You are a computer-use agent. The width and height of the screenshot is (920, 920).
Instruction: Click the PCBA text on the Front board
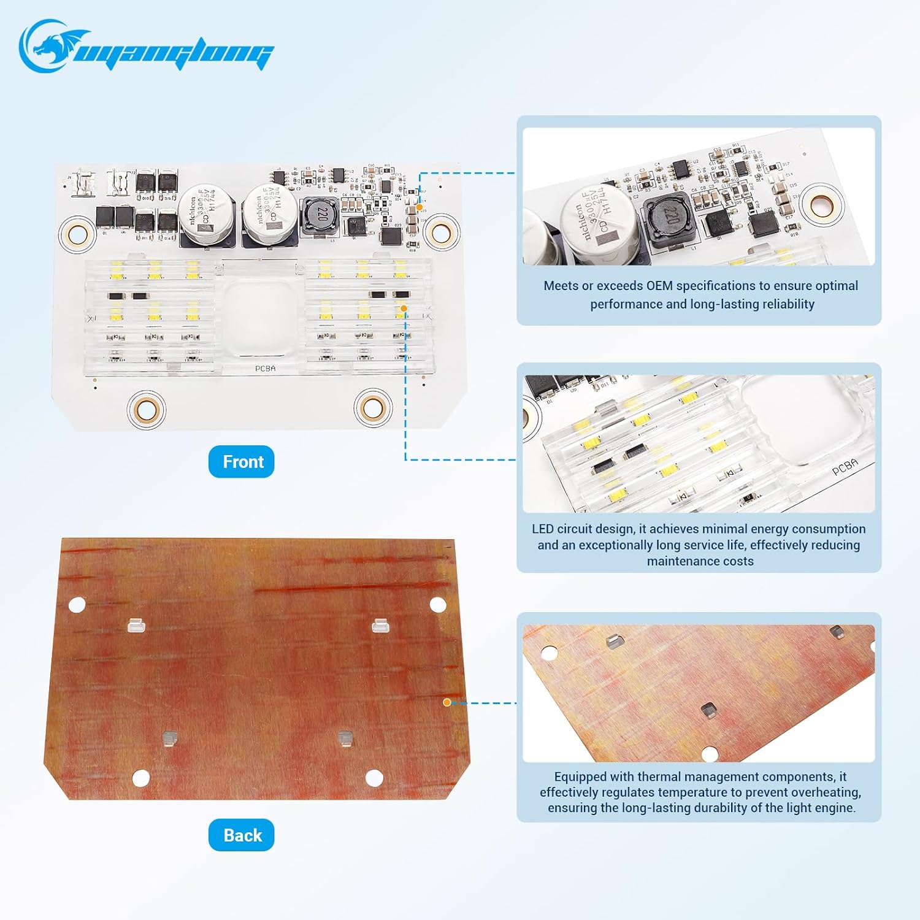pyautogui.click(x=265, y=368)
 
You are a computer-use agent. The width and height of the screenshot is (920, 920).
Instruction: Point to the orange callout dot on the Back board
pyautogui.click(x=447, y=702)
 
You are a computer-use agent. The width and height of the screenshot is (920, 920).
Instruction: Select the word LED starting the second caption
pyautogui.click(x=543, y=529)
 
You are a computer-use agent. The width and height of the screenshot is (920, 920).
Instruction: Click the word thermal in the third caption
pyautogui.click(x=657, y=776)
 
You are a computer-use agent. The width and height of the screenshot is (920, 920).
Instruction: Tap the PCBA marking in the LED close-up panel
pyautogui.click(x=845, y=467)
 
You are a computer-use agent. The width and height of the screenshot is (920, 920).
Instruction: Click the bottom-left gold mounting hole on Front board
pyautogui.click(x=147, y=408)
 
